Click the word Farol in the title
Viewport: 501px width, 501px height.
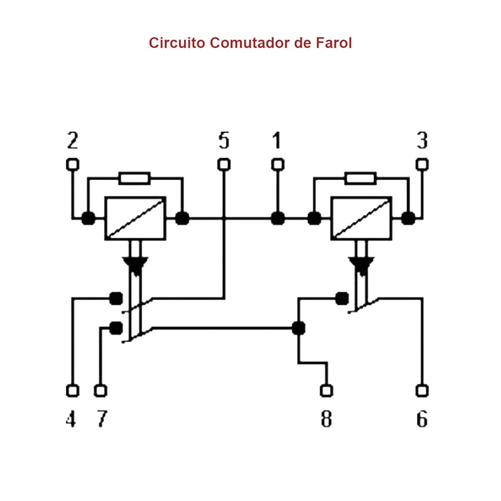pyautogui.click(x=332, y=43)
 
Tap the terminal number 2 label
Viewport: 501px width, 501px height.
pyautogui.click(x=72, y=141)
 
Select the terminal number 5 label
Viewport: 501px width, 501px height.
pyautogui.click(x=224, y=141)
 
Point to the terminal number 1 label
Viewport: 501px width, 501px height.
pyautogui.click(x=277, y=141)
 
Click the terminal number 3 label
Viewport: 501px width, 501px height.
pyautogui.click(x=423, y=141)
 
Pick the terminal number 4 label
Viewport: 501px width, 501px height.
pyautogui.click(x=71, y=419)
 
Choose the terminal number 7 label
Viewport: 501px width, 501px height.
pyautogui.click(x=101, y=419)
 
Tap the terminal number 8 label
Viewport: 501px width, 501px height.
pyautogui.click(x=326, y=419)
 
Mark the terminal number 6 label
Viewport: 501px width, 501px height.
pyautogui.click(x=423, y=419)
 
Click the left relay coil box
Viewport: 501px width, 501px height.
pyautogui.click(x=135, y=218)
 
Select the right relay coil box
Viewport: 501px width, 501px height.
pyautogui.click(x=361, y=218)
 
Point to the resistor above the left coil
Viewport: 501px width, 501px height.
pyautogui.click(x=135, y=178)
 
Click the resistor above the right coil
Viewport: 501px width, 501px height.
pyautogui.click(x=360, y=178)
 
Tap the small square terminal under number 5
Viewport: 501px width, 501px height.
pyautogui.click(x=224, y=164)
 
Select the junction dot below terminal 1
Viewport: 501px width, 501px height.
pyautogui.click(x=277, y=218)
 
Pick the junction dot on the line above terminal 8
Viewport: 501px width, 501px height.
pyautogui.click(x=298, y=328)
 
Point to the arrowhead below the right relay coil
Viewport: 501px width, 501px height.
pyautogui.click(x=361, y=264)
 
